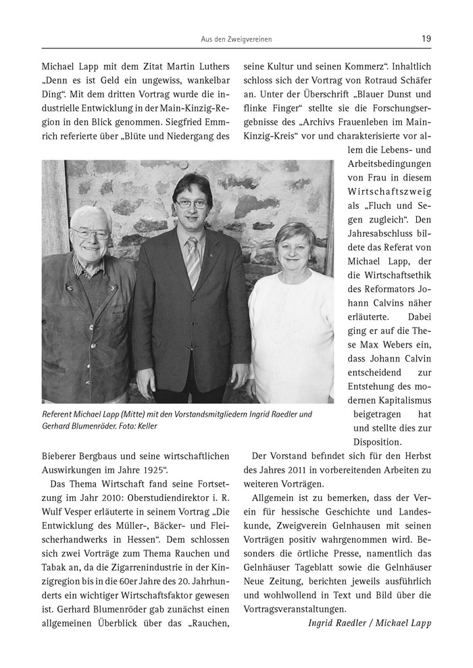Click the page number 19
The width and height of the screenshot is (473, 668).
coord(426,39)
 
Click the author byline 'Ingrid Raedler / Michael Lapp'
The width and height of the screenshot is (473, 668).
coord(369,623)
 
